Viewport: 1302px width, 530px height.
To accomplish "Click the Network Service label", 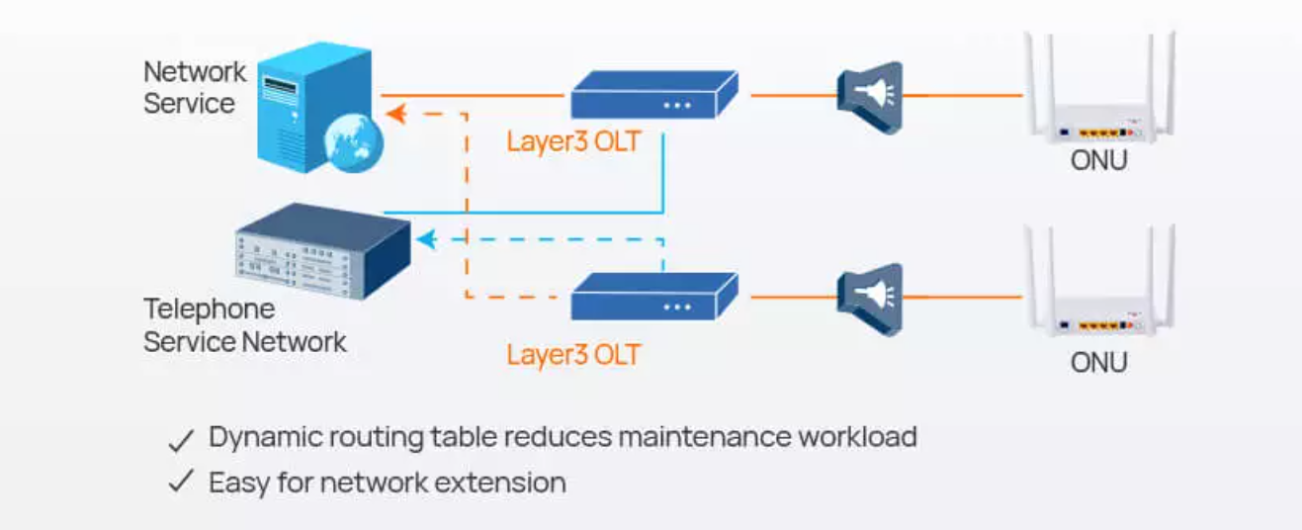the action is coord(195,88).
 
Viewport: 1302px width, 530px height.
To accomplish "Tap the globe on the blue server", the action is coord(353,143).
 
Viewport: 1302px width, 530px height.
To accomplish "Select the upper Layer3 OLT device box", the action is coord(654,94).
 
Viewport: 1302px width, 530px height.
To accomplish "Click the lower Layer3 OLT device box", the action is coord(654,296).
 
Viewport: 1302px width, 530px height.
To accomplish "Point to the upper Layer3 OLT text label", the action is coord(573,141).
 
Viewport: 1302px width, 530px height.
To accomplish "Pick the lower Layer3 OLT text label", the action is coord(573,355).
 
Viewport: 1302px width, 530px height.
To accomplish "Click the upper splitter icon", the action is coord(870,98).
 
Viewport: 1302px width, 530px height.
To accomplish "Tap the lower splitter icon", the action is coord(870,300).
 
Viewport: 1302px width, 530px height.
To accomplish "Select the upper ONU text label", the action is coord(1098,160).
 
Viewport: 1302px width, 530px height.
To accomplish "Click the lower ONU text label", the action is coord(1098,363).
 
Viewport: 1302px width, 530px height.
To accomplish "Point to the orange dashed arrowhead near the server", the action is coord(396,114).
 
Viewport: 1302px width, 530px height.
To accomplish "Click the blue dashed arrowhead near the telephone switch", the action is coord(427,239).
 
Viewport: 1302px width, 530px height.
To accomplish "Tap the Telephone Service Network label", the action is coord(245,325).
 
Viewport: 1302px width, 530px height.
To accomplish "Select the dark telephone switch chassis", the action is coord(322,251).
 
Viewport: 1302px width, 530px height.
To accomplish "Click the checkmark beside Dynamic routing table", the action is coord(181,440).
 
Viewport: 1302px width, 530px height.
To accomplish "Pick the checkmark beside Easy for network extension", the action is coord(181,482).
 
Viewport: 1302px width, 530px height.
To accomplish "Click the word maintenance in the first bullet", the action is coord(705,437).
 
